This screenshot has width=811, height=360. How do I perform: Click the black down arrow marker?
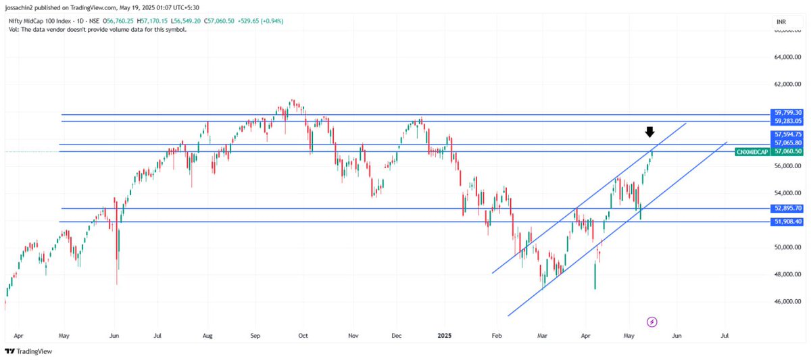pyautogui.click(x=649, y=132)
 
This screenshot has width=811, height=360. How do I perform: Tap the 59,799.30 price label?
pyautogui.click(x=787, y=113)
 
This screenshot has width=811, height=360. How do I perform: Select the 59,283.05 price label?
pyautogui.click(x=787, y=121)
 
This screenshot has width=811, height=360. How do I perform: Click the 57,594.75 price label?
pyautogui.click(x=787, y=135)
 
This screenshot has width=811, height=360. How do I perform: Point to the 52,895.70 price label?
pyautogui.click(x=787, y=209)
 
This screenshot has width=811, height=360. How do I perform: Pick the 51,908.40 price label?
pyautogui.click(x=787, y=222)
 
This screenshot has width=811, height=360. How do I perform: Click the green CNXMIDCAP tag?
pyautogui.click(x=752, y=152)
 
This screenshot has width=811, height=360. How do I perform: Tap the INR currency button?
pyautogui.click(x=781, y=22)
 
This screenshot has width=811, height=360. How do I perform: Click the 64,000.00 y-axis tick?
pyautogui.click(x=787, y=57)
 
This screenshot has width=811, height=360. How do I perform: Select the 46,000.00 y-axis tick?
pyautogui.click(x=787, y=302)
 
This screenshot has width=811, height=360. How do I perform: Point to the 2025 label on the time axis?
pyautogui.click(x=445, y=335)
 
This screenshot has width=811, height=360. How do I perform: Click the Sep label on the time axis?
pyautogui.click(x=255, y=335)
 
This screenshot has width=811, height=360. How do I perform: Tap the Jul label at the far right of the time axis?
pyautogui.click(x=725, y=335)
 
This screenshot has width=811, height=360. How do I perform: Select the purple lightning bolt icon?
pyautogui.click(x=652, y=322)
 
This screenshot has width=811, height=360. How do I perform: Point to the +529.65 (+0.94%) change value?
pyautogui.click(x=260, y=21)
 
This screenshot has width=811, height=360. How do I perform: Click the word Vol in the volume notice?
pyautogui.click(x=14, y=30)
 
